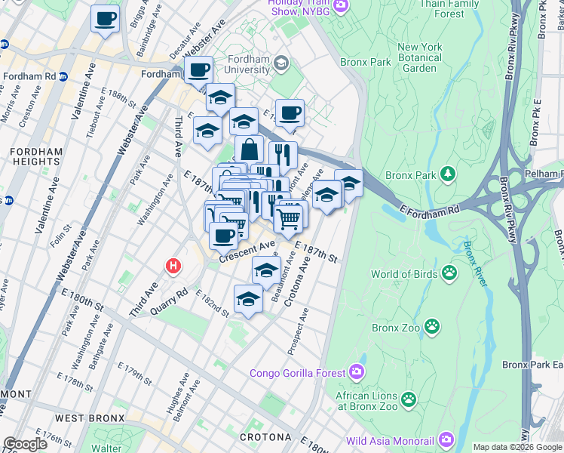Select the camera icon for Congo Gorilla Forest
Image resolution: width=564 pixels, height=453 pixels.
coord(357,371)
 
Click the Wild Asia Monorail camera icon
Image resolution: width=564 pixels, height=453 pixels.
coord(446,439)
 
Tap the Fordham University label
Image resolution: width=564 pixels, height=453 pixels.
coord(239,68)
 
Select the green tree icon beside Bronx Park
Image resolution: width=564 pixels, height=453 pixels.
coord(449,174)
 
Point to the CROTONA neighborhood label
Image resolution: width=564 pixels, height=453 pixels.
coord(265,437)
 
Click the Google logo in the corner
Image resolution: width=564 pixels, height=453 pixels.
coord(25,444)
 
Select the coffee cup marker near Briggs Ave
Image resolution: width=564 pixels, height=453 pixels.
coord(105,18)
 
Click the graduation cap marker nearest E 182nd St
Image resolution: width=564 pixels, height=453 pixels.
coord(248,298)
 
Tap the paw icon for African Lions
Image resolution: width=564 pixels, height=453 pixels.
coord(409,399)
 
